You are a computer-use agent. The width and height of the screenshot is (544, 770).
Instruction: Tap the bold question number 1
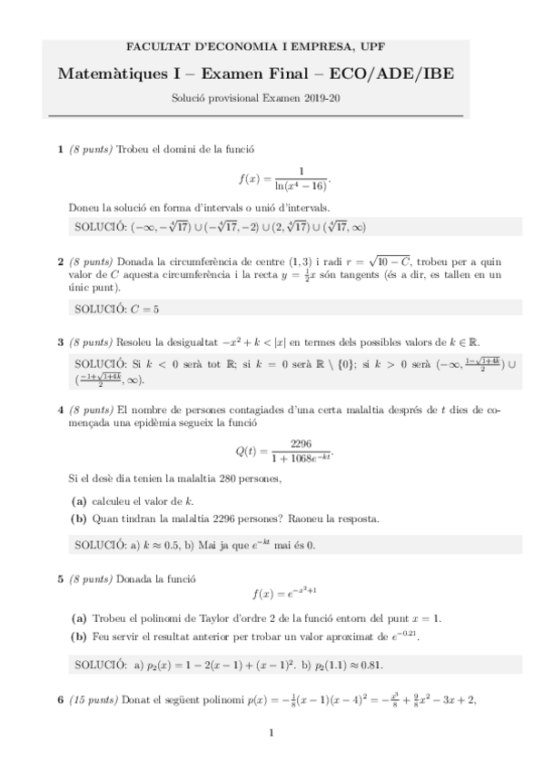(x=61, y=149)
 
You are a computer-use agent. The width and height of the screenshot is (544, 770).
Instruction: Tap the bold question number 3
(x=61, y=342)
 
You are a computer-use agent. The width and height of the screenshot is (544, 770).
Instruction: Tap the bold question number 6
(x=61, y=700)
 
